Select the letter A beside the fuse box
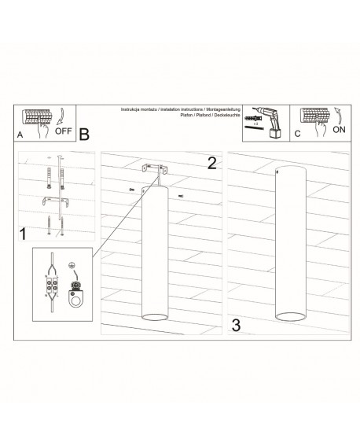(20, 135)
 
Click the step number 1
(24, 234)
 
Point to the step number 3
(236, 324)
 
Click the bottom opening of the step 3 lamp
(290, 317)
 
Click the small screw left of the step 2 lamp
(130, 190)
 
